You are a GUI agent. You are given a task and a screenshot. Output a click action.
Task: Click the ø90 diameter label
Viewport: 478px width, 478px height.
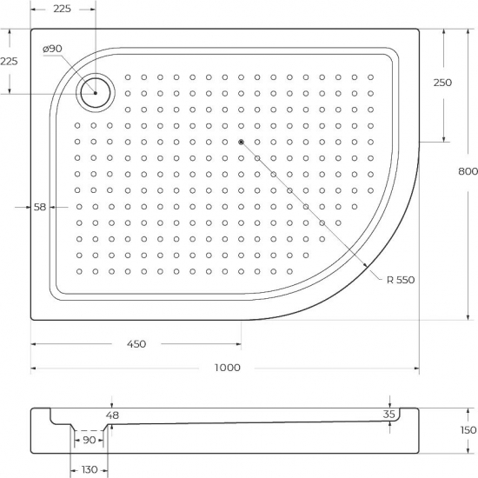tap(52, 48)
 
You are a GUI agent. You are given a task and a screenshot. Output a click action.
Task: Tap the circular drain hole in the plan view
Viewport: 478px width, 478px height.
tap(95, 91)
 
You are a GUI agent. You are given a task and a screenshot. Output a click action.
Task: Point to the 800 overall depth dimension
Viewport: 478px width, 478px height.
tap(468, 172)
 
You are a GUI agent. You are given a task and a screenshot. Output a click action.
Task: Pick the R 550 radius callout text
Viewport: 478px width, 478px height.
tap(402, 279)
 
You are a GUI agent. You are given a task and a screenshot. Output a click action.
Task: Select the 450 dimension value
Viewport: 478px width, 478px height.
tap(135, 343)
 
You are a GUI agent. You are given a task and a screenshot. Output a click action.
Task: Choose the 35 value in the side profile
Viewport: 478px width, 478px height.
tap(389, 415)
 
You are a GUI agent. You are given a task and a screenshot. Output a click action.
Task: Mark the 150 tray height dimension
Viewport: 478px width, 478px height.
tap(468, 430)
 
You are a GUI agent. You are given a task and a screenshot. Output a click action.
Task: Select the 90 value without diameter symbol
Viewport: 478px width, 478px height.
tap(89, 440)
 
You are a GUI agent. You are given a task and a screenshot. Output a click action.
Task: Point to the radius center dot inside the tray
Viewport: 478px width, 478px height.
tap(241, 141)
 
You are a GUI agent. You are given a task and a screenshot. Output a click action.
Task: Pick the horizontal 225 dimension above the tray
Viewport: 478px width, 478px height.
tap(62, 10)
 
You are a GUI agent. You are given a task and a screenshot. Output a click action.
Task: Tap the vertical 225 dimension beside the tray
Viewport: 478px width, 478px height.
tap(9, 61)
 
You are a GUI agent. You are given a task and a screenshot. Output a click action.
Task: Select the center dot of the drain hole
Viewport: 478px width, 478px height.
tap(95, 92)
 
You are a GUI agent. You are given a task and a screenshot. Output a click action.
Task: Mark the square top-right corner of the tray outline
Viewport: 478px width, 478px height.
tap(419, 30)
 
